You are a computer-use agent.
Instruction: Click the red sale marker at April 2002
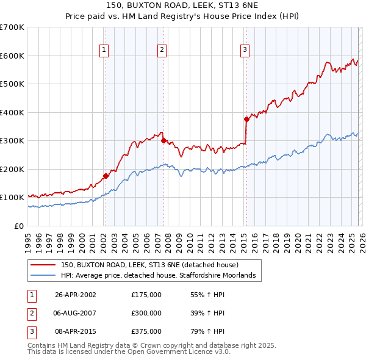coord(106,176)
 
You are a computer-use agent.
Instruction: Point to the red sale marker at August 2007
coord(163,140)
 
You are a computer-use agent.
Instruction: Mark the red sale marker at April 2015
coord(246,120)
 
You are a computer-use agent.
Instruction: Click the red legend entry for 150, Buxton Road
coord(153,265)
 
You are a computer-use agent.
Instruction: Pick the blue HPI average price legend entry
coord(162,276)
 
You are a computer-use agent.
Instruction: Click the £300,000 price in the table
coord(146,313)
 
